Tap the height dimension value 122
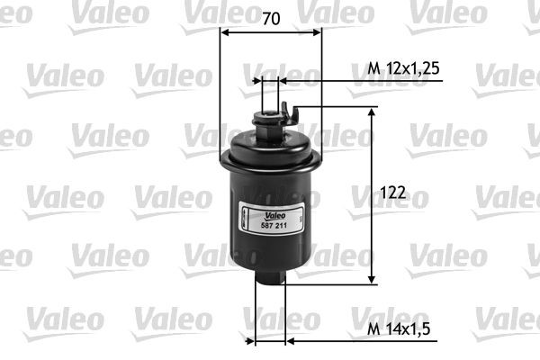coord(393,193)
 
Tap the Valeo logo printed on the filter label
coord(275,216)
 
